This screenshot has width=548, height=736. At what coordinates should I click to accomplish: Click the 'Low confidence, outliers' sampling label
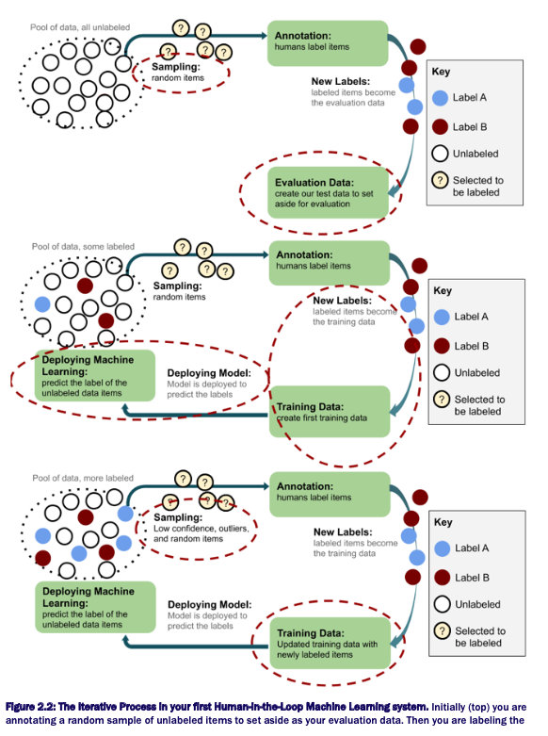coord(194,529)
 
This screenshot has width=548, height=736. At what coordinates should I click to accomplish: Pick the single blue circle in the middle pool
coord(41,304)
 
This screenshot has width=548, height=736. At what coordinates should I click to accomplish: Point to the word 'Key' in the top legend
coord(441,71)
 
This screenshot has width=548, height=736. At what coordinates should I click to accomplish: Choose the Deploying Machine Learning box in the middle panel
coord(82,374)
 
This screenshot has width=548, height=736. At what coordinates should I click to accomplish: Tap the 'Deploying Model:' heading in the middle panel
coord(208,371)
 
